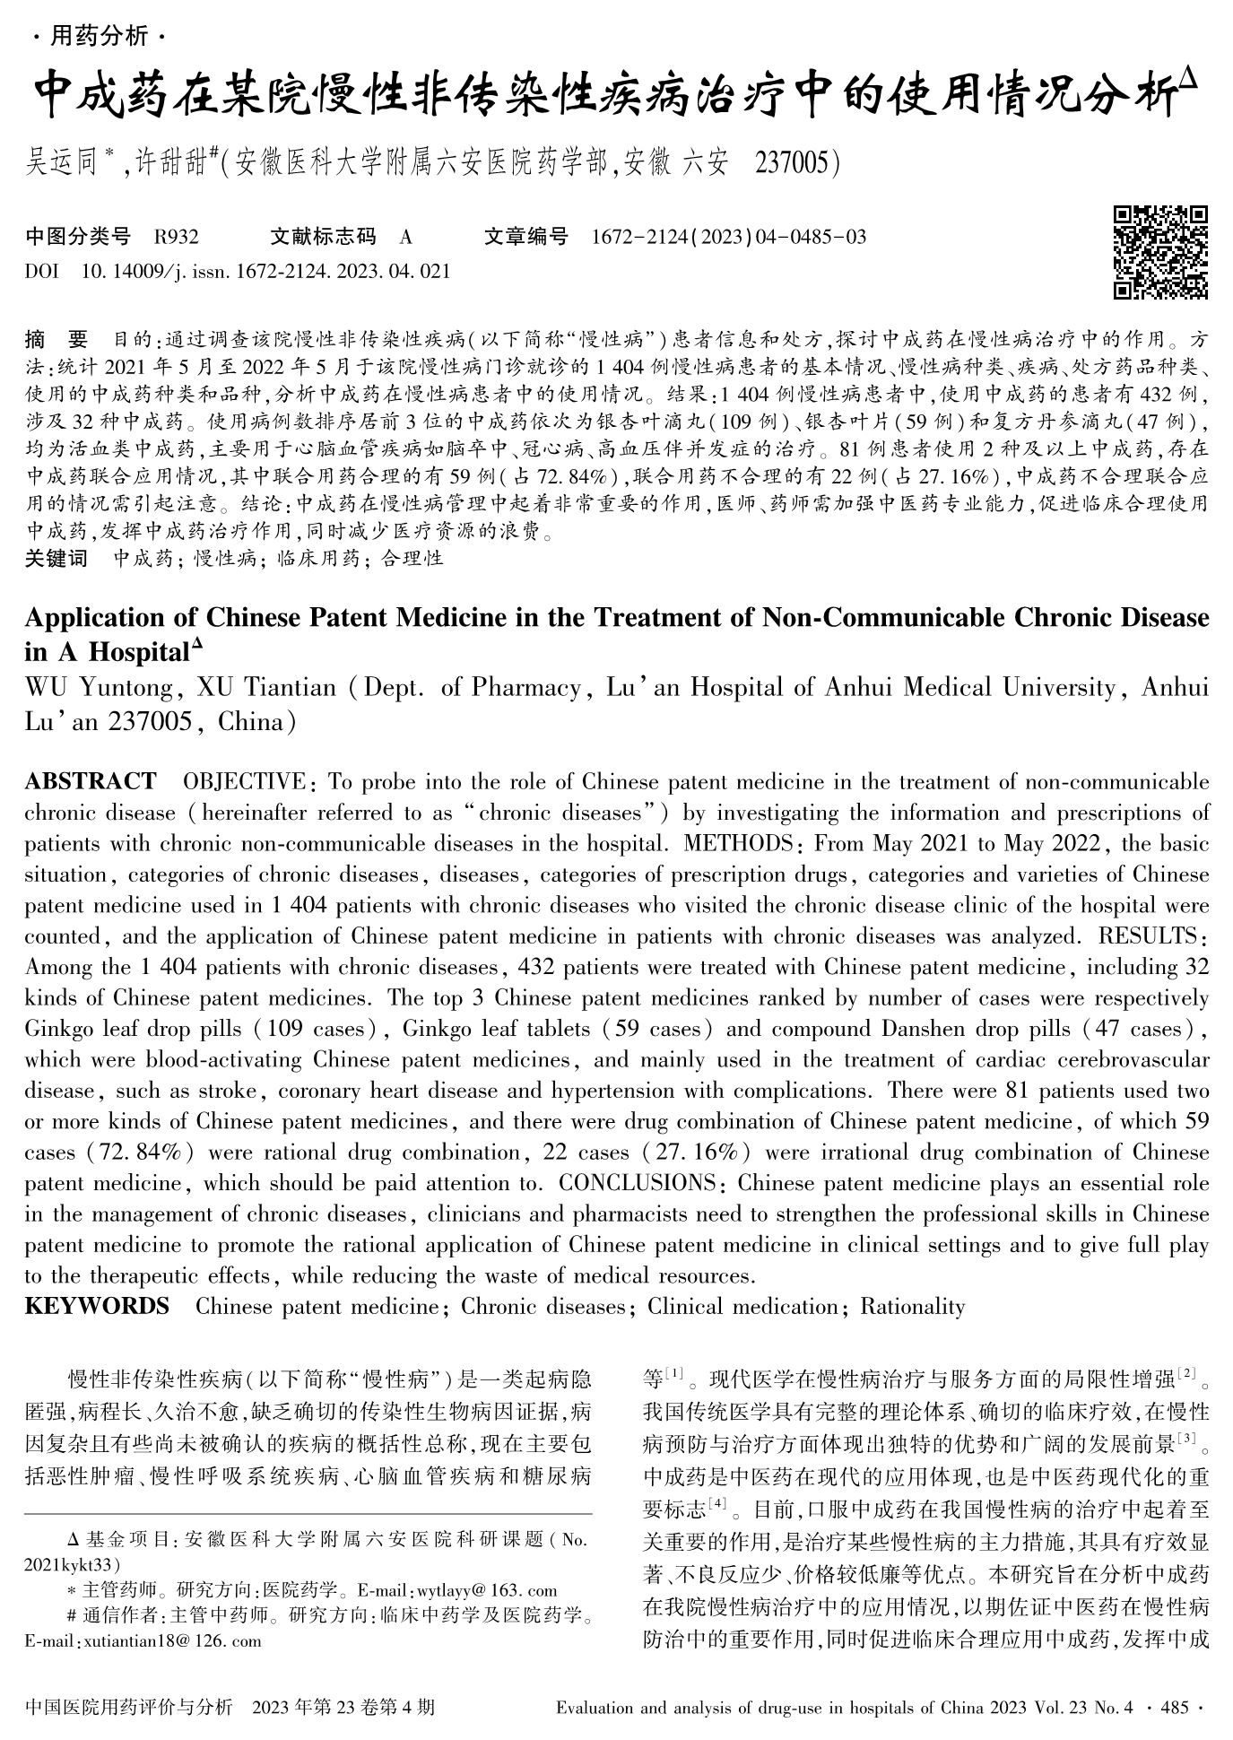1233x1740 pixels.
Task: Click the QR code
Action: [1159, 252]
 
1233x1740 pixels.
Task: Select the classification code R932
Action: [176, 238]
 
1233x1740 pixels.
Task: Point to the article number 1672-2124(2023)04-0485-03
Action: [729, 238]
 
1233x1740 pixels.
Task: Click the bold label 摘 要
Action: [56, 340]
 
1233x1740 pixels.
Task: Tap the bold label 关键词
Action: [56, 559]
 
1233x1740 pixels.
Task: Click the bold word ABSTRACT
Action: [90, 781]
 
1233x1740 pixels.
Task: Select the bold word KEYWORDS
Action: [97, 1306]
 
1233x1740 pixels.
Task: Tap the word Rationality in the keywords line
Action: [912, 1306]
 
